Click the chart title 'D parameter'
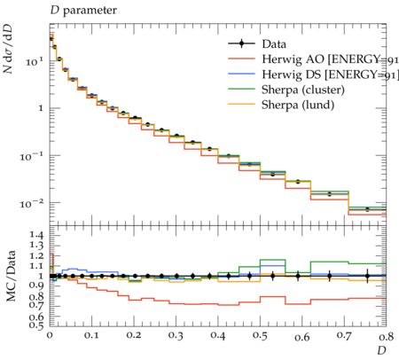(x=83, y=11)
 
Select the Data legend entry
(x=257, y=44)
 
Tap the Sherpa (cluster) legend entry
(x=303, y=90)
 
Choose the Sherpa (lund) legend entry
(x=298, y=105)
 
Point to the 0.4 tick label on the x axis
(x=218, y=335)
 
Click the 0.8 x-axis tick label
(x=386, y=335)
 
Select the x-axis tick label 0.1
(x=91, y=335)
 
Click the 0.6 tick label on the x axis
(x=302, y=337)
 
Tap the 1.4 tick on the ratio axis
(x=36, y=235)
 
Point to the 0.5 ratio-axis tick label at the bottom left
(x=36, y=325)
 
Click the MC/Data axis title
(x=11, y=276)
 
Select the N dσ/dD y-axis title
(x=8, y=49)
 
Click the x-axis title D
(x=381, y=350)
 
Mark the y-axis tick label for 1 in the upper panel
(x=41, y=108)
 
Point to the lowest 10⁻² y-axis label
(x=32, y=203)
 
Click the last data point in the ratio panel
(x=367, y=276)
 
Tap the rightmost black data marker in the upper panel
(x=367, y=209)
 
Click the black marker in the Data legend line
(x=241, y=44)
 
